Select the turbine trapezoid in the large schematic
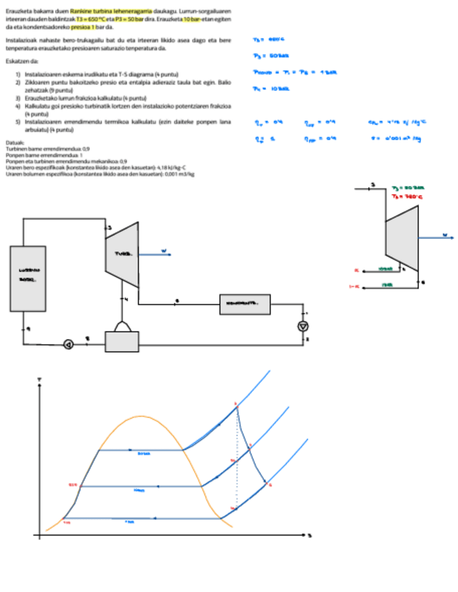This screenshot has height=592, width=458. (121, 256)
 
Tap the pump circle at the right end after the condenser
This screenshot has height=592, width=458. (303, 326)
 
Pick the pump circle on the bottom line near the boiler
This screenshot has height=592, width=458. (69, 343)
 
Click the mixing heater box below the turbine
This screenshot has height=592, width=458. (122, 341)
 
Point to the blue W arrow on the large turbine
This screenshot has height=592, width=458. (157, 251)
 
